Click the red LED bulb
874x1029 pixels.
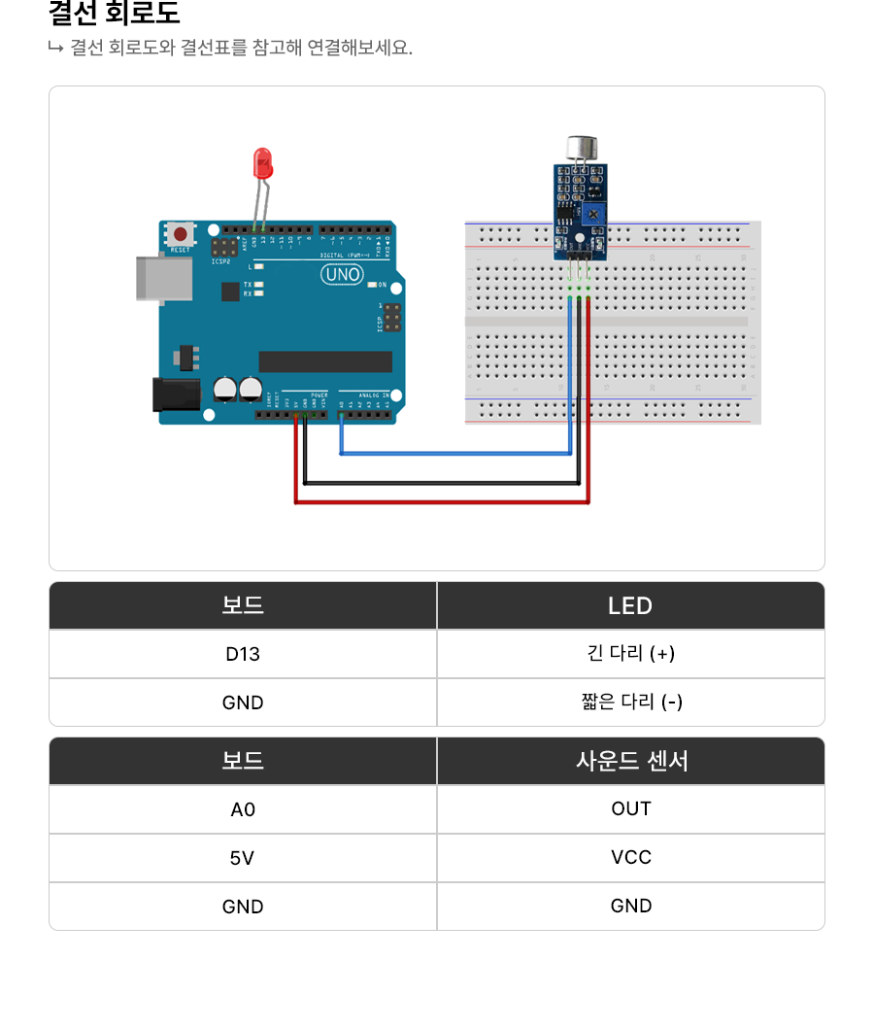(261, 162)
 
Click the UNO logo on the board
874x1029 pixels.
(342, 275)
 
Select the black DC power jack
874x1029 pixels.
(176, 394)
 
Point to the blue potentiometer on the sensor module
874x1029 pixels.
(591, 211)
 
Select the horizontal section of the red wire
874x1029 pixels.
(442, 502)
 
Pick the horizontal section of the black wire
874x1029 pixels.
(442, 482)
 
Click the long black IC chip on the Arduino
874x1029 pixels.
(325, 361)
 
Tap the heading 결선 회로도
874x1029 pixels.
(114, 15)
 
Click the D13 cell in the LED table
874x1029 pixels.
(243, 654)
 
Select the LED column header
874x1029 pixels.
(630, 605)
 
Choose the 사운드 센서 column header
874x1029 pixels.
(630, 761)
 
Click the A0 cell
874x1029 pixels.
(243, 809)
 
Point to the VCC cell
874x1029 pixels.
(630, 858)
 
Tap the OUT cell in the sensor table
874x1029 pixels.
(630, 809)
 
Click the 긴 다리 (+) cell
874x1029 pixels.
(630, 654)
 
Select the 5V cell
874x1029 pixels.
(243, 858)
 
